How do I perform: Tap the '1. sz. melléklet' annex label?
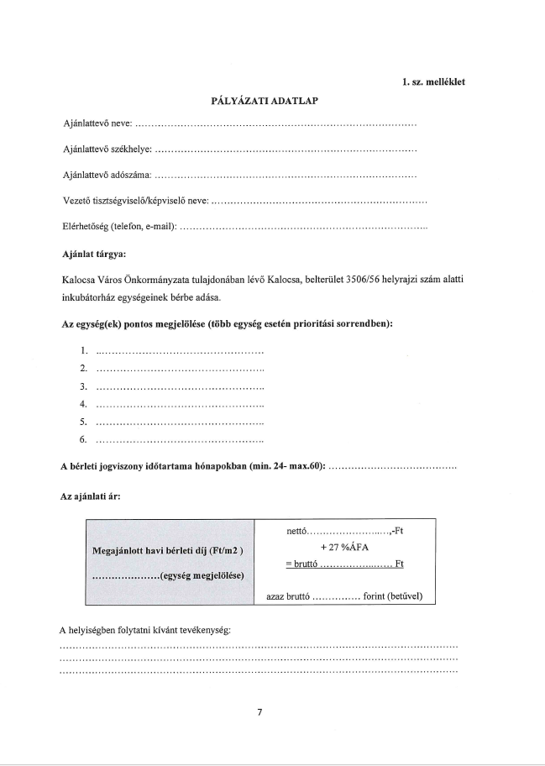(434, 81)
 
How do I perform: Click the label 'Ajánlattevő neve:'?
(97, 124)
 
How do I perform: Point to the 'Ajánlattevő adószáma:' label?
(107, 176)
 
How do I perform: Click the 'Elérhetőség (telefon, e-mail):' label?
(119, 228)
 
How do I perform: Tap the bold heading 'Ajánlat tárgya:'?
(94, 254)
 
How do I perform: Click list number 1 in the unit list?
(83, 351)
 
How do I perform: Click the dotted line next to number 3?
(181, 387)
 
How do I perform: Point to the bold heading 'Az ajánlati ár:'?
(90, 496)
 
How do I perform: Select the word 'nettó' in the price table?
(298, 531)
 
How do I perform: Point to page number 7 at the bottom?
(260, 712)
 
